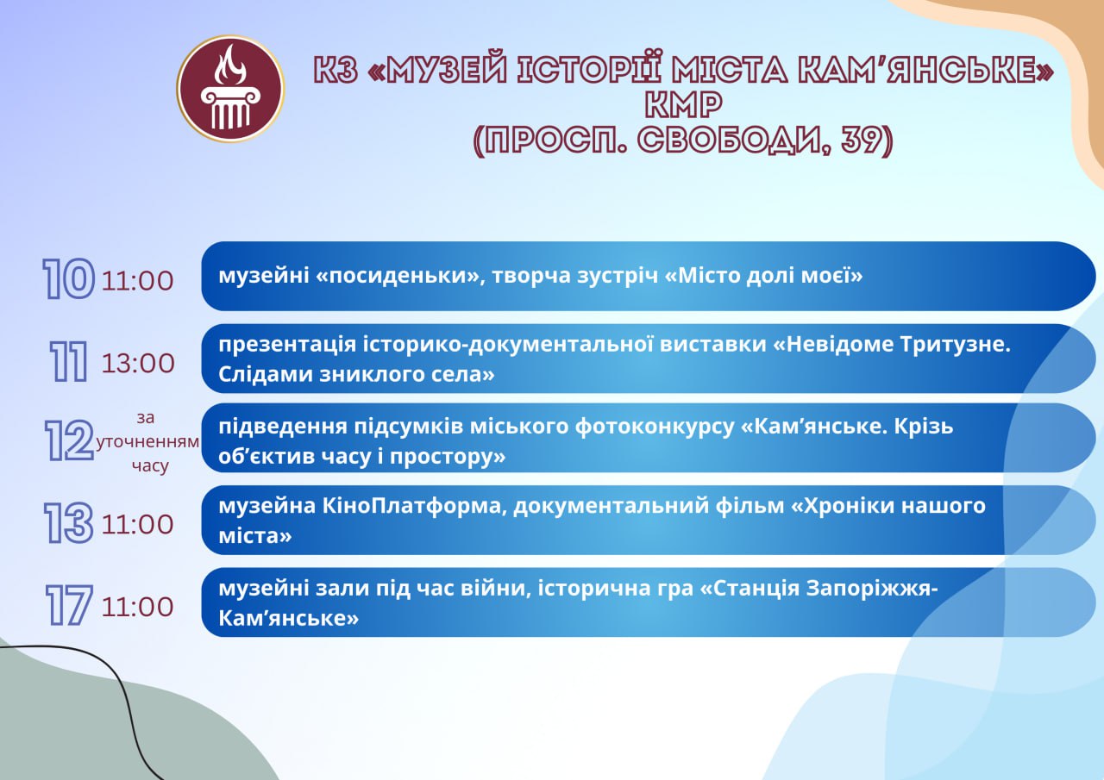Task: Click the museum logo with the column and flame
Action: click(230, 89)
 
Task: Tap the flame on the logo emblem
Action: click(230, 65)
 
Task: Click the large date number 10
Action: click(68, 279)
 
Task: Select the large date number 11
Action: click(68, 362)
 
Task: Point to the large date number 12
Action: click(69, 440)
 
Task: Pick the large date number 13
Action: click(68, 523)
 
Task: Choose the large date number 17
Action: click(69, 605)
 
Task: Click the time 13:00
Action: click(138, 364)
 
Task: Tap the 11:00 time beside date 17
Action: click(137, 607)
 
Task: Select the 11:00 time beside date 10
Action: click(137, 281)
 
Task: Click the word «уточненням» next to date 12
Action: click(147, 441)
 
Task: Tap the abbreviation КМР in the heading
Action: click(684, 104)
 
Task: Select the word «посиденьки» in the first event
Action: click(398, 276)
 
